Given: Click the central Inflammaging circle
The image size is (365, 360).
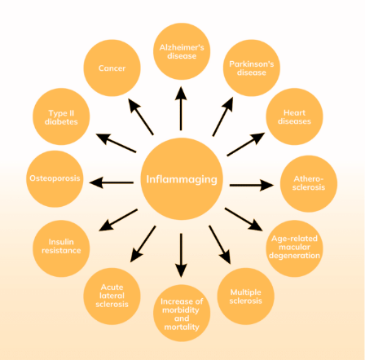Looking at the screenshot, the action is coord(182,178).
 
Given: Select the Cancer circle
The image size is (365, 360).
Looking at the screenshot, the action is coord(112,68).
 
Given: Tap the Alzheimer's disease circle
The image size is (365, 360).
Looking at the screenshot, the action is coord(182,51).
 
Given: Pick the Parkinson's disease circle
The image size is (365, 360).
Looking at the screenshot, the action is coord(252,68).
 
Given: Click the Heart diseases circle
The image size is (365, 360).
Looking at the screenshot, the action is coord(294,116).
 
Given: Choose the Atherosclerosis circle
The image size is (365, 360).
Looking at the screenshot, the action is coord(309,183).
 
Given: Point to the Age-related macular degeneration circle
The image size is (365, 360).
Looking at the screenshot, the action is coord(294,248).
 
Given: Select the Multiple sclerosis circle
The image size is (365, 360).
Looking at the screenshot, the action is coord(245,296).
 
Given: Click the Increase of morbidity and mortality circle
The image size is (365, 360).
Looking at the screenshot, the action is coord(182,313).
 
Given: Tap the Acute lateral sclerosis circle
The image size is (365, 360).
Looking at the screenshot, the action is coord(112,296).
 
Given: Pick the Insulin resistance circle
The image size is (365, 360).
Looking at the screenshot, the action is coord(61,248).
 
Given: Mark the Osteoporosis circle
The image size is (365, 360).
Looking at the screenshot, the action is coord(55,179).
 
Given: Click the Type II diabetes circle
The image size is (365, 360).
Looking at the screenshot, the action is coord(61,116).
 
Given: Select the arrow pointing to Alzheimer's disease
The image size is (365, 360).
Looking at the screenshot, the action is coord(181,108).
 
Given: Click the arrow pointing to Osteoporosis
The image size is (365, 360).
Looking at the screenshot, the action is coord(112,182).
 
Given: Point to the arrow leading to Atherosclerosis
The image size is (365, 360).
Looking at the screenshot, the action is coord(252,185).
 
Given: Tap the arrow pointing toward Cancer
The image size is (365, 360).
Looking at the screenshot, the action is coord(141,116).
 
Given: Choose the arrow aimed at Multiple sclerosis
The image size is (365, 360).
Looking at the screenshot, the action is coord(220,244).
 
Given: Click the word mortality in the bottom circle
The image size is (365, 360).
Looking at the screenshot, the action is coord(182,327).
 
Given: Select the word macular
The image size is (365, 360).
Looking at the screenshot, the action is coord(294,247).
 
